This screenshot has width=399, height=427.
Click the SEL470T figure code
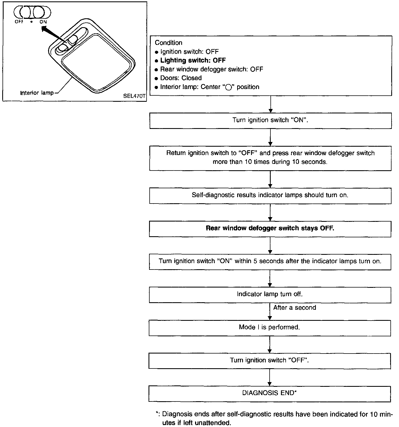pos(134,97)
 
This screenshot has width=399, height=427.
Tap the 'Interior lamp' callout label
pos(37,93)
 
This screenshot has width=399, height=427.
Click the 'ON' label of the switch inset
pos(43,22)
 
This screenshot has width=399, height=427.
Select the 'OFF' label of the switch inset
pos(19,22)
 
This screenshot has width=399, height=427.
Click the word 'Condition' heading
pos(168,43)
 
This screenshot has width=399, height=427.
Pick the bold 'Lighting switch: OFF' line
pos(193,60)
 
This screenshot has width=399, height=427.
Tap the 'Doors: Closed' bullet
pos(181,78)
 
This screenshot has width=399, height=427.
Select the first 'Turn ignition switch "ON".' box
pos(270,120)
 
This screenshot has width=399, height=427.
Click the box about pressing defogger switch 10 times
pos(270,157)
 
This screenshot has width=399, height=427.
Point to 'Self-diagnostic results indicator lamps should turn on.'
pos(270,195)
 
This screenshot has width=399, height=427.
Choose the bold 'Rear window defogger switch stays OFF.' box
pos(270,228)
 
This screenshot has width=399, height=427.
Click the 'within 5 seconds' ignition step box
pos(270,261)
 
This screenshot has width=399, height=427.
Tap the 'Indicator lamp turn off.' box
pos(270,294)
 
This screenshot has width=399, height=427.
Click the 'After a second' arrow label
pos(295,307)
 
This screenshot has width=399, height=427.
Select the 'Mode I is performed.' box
pos(270,327)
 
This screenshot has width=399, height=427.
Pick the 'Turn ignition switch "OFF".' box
pos(270,360)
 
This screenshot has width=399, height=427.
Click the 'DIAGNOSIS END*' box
pos(270,393)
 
